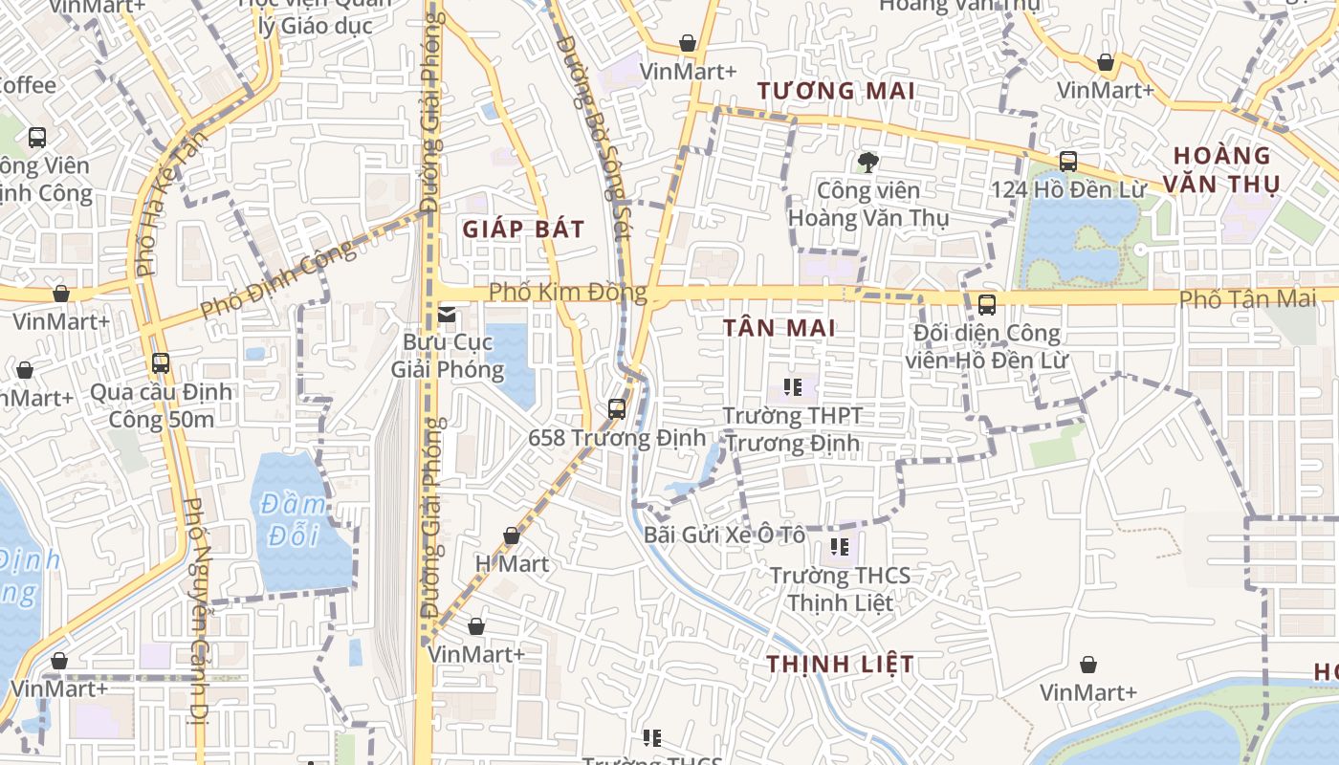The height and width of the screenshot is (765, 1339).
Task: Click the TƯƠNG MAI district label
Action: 837,91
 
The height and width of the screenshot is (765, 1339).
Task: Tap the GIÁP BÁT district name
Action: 523,229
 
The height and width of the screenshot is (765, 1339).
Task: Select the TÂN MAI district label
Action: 779,328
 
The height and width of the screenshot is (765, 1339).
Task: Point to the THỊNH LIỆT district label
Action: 840,664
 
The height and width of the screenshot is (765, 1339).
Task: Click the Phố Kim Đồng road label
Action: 567,292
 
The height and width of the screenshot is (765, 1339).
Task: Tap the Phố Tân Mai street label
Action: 1247,298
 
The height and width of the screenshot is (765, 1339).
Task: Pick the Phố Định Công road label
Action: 277,279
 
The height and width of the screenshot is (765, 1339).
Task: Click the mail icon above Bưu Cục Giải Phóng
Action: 447,314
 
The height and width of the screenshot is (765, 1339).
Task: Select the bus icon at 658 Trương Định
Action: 617,409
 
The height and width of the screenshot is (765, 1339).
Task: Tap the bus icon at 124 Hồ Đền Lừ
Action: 1067,162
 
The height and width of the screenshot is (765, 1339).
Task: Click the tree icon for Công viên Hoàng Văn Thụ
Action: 867,162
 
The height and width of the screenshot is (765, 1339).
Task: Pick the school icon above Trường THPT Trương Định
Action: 793,387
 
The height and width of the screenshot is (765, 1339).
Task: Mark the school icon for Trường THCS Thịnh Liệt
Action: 840,547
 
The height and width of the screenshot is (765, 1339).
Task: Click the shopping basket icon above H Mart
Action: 512,535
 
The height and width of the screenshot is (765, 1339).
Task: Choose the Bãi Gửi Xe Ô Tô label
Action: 724,535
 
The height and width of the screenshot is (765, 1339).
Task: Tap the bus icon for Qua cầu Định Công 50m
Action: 161,363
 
